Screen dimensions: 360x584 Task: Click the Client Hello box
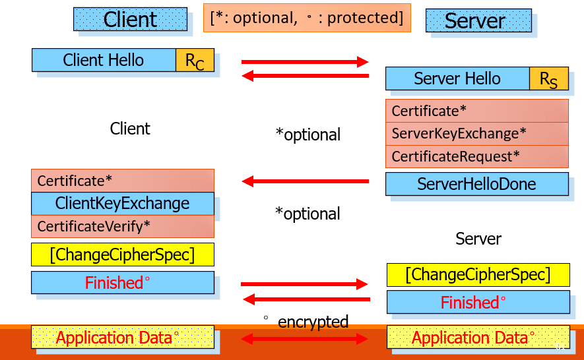[x=104, y=60]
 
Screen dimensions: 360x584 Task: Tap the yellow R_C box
[x=195, y=60]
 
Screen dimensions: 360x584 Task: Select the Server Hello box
[x=457, y=78]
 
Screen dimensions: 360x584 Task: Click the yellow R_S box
[x=548, y=78]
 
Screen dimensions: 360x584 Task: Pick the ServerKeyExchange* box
[x=476, y=134]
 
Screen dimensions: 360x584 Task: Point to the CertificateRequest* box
[x=476, y=157]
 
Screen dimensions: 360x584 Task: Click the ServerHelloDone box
[x=476, y=184]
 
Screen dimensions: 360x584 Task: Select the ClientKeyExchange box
[x=123, y=203]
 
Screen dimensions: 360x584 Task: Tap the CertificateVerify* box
[x=123, y=226]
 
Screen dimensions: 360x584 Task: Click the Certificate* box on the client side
[x=123, y=181]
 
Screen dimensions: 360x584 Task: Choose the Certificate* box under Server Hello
[x=476, y=111]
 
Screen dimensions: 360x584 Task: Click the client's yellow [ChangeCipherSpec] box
[x=123, y=255]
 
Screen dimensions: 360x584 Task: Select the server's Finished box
[x=478, y=302]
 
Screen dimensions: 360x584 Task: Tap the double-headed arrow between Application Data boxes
[x=304, y=339]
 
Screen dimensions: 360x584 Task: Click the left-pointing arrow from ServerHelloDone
[x=305, y=181]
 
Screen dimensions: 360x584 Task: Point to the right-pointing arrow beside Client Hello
[x=305, y=62]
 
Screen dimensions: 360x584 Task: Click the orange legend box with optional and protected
[x=306, y=18]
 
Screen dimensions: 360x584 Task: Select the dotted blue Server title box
[x=478, y=20]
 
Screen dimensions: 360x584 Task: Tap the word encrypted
[x=313, y=322]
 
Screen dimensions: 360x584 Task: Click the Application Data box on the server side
[x=478, y=338]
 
